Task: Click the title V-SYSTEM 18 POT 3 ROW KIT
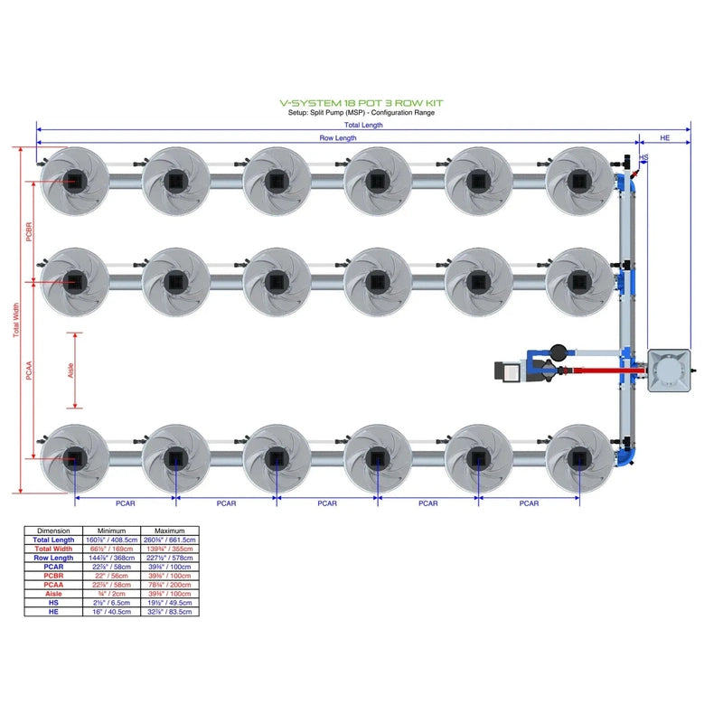click(x=361, y=104)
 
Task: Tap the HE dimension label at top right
click(x=665, y=138)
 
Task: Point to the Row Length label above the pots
click(x=338, y=138)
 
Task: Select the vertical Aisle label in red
click(x=72, y=371)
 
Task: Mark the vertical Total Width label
click(x=16, y=321)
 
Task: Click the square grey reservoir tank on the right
click(x=670, y=371)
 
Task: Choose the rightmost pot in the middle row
click(x=579, y=279)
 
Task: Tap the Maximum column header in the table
click(x=169, y=531)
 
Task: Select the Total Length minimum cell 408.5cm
click(x=112, y=540)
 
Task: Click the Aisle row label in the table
click(x=53, y=594)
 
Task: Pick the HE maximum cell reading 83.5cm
click(x=169, y=612)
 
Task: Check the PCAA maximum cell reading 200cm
click(x=169, y=585)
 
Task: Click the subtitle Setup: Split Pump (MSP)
click(x=361, y=113)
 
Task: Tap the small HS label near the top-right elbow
click(x=643, y=158)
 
